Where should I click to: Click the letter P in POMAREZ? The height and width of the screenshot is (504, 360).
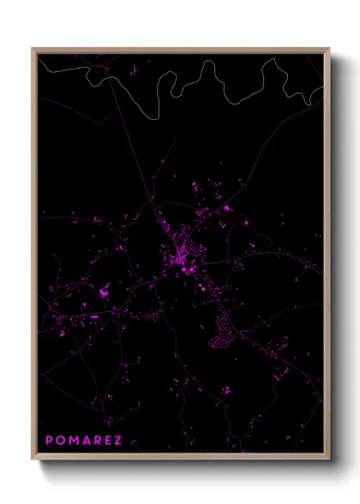point(50,441)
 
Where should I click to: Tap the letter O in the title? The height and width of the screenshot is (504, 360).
point(61,441)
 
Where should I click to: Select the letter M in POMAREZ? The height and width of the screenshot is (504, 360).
point(74,441)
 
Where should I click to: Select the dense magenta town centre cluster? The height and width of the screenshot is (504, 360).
point(180,255)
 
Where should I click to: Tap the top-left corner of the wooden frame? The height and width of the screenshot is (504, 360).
point(33,49)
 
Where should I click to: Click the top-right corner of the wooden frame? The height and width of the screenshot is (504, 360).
point(328,49)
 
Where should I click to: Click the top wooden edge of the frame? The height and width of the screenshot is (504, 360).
point(180,49)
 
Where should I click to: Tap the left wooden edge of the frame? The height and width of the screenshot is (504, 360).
point(33,257)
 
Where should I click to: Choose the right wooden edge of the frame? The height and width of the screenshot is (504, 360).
point(328,257)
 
